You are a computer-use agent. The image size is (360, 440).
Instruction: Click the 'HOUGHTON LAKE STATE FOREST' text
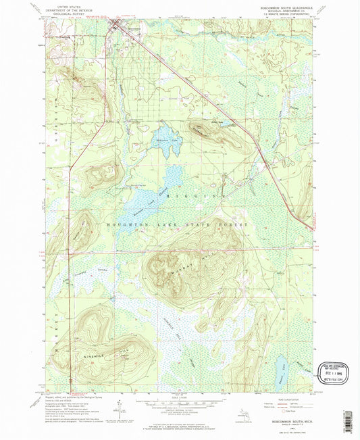176,223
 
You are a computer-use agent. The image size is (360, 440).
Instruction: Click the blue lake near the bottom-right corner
278,368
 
